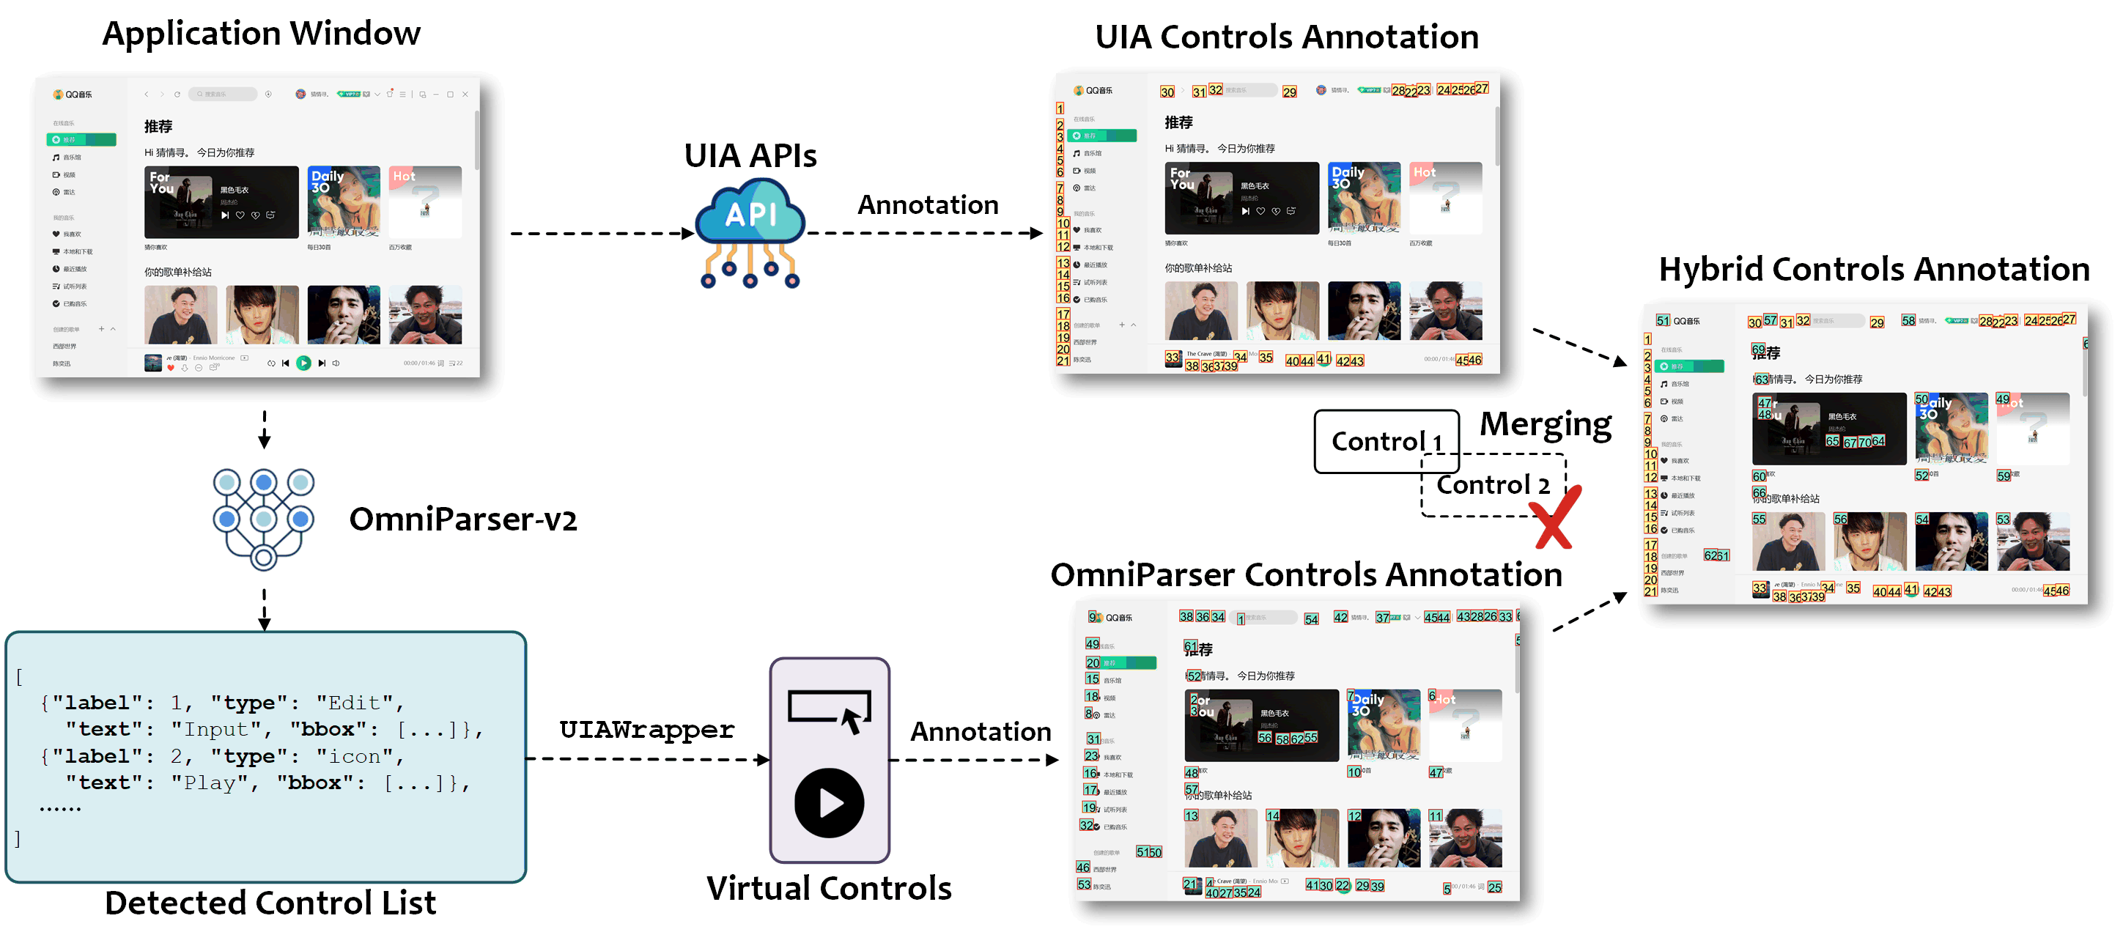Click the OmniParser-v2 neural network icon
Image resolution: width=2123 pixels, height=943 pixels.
(264, 517)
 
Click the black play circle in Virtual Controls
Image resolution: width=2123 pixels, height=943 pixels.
(829, 802)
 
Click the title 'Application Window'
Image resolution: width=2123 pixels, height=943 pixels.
(262, 34)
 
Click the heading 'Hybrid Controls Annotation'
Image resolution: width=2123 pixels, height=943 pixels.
(1873, 270)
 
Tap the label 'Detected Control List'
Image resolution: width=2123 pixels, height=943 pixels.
(270, 903)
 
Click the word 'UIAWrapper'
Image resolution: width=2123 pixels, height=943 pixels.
(646, 730)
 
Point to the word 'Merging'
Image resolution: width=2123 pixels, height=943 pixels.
(1546, 424)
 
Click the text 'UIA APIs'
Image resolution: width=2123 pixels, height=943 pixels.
(750, 156)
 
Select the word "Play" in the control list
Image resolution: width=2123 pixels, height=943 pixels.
(210, 783)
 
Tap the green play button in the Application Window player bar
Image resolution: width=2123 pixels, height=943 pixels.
(303, 363)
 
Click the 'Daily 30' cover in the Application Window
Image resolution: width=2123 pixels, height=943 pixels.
(344, 203)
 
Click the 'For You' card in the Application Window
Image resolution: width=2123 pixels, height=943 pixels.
(221, 203)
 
